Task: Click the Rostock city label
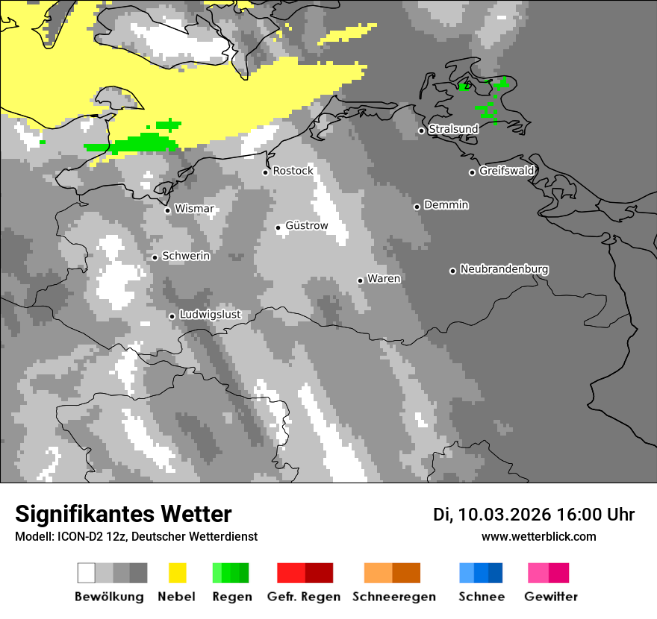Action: [293, 171]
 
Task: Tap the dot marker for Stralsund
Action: [421, 131]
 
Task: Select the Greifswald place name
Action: [506, 171]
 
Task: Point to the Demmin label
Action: [446, 205]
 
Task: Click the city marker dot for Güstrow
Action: [278, 227]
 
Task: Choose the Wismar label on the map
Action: [194, 209]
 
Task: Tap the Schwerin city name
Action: [186, 256]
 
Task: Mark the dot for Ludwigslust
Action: [172, 316]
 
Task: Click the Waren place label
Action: [384, 279]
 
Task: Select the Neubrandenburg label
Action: [504, 269]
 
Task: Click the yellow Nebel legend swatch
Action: [178, 573]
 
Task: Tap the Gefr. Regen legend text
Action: [304, 597]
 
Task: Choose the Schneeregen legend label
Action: [394, 597]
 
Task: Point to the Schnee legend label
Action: [481, 597]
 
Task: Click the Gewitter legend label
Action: [551, 597]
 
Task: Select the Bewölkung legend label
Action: [109, 597]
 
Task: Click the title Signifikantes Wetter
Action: [123, 515]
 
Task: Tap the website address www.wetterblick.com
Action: [538, 537]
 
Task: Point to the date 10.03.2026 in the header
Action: [504, 515]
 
